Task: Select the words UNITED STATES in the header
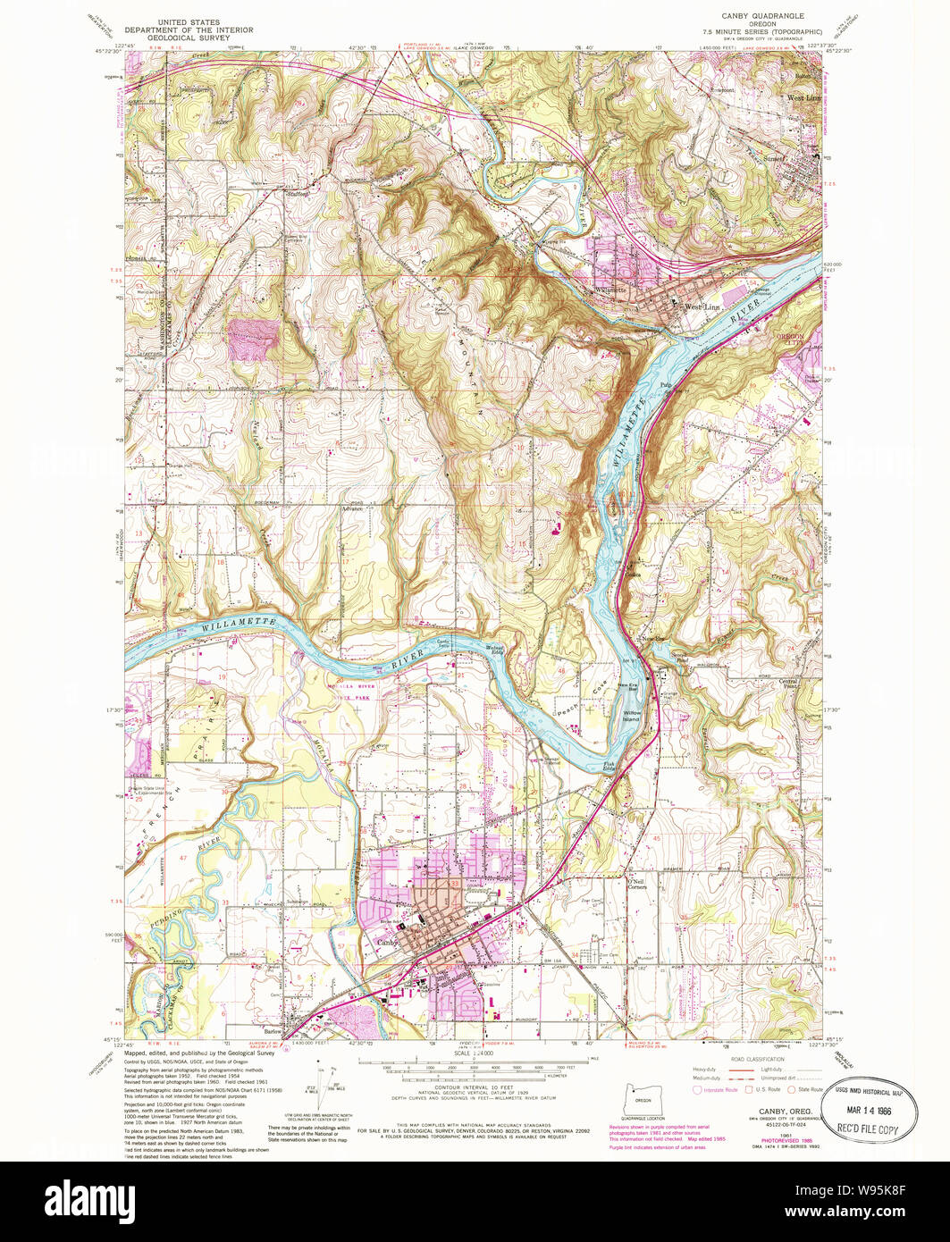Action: (x=189, y=21)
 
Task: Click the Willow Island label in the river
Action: (x=633, y=715)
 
